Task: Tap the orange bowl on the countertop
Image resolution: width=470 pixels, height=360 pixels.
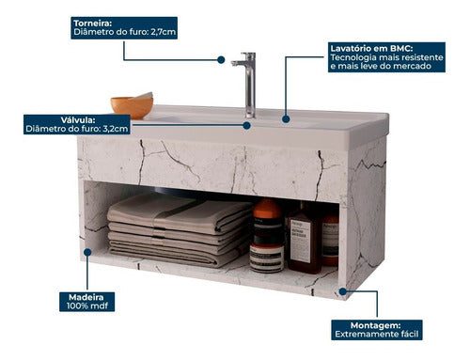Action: (132, 104)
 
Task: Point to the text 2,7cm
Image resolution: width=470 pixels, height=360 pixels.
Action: (163, 33)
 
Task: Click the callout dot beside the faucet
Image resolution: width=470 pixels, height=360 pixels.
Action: (221, 59)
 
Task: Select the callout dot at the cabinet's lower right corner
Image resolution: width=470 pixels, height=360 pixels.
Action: (343, 291)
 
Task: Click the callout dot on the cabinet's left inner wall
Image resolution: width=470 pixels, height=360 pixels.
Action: (87, 251)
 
